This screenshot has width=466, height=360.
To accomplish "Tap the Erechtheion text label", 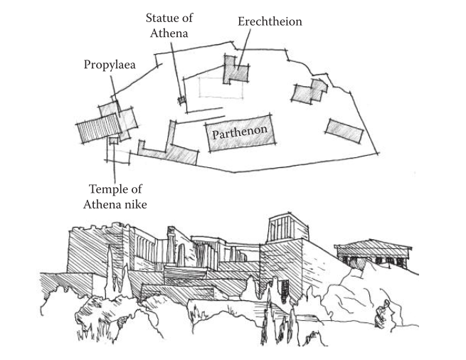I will pos(270,22).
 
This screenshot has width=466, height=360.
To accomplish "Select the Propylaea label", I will pos(110,65).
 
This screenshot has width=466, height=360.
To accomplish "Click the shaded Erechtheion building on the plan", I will pos(237,70).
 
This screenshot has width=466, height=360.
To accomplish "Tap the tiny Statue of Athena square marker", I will pos(181,100).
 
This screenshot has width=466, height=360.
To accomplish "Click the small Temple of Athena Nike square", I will pos(112,142).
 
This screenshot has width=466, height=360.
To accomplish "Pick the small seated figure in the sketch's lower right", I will pos(383,312).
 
